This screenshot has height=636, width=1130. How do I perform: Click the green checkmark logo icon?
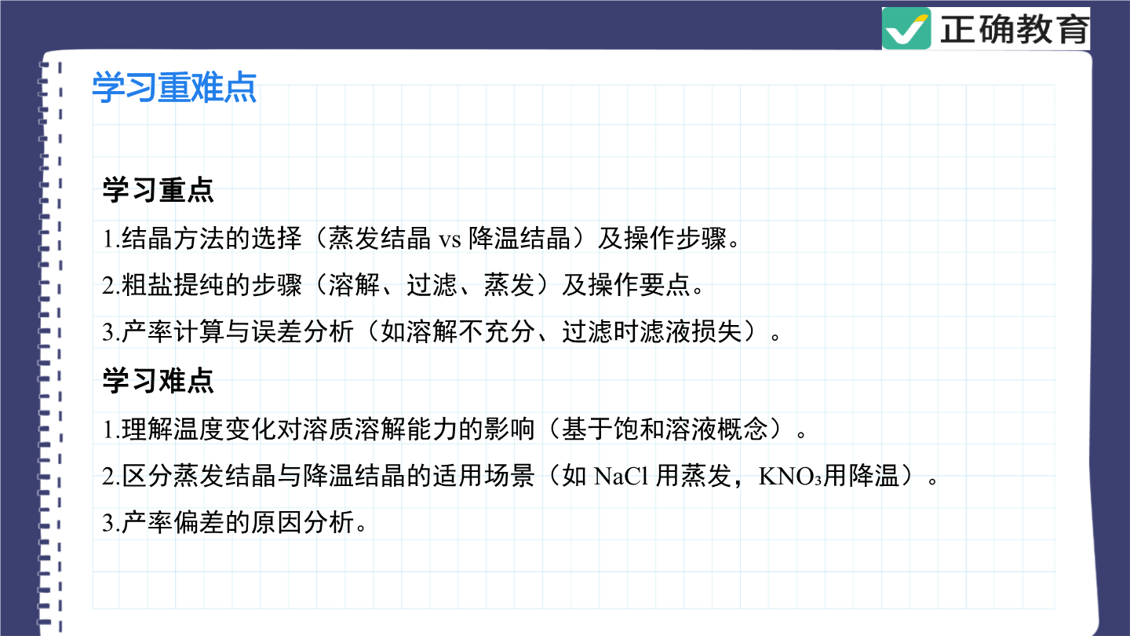[x=906, y=29]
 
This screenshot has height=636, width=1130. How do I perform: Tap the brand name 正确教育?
[x=1014, y=29]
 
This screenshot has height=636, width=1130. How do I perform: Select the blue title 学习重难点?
[x=174, y=88]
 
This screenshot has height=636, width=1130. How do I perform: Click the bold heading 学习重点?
[x=158, y=190]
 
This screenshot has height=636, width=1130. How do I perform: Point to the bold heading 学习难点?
[x=158, y=381]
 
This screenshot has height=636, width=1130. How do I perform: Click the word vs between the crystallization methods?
[x=450, y=240]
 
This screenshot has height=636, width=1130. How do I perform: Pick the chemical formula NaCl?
[x=621, y=476]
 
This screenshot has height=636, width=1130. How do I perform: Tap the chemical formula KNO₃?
[x=790, y=476]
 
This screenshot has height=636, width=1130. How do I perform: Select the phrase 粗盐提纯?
[x=173, y=285]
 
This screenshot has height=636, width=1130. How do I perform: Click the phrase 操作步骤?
[x=675, y=238]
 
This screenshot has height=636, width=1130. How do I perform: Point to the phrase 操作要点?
[x=639, y=285]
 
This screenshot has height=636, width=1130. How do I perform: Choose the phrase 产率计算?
[x=173, y=332]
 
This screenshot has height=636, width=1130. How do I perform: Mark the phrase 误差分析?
[x=303, y=332]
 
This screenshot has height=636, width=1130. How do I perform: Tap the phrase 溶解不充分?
[x=457, y=332]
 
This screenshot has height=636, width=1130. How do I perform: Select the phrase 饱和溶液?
[x=665, y=429]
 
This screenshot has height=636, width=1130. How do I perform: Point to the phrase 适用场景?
[x=483, y=476]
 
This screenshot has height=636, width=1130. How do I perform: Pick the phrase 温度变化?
[x=225, y=429]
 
